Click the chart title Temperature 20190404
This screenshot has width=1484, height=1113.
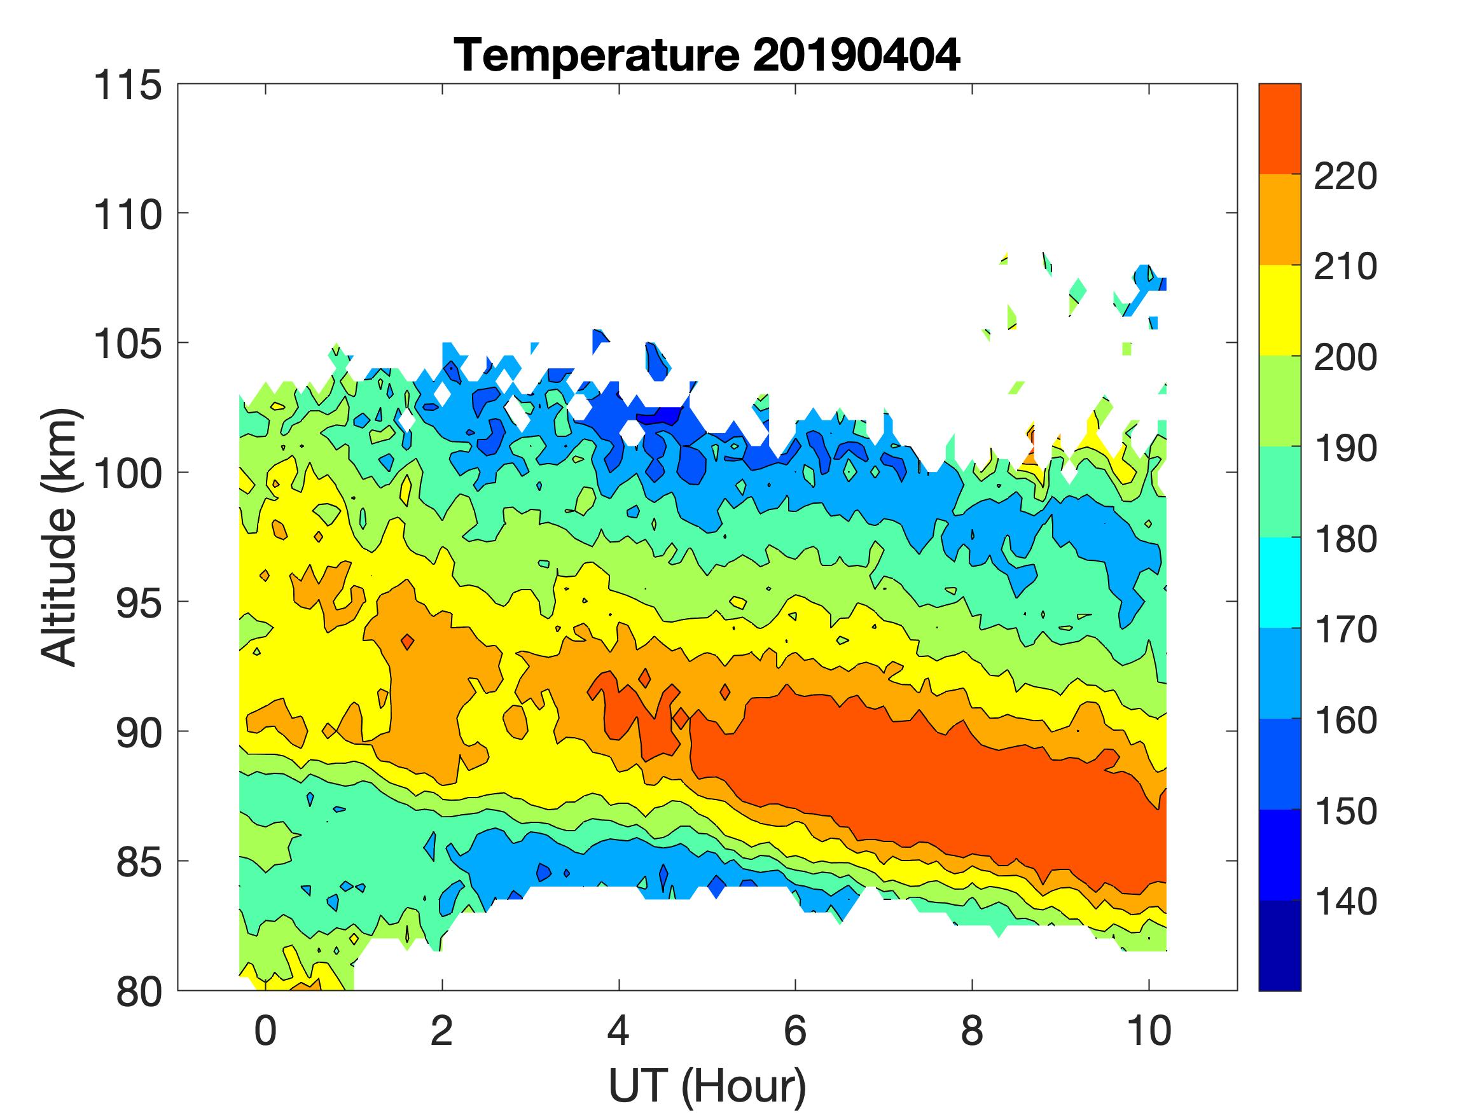707,55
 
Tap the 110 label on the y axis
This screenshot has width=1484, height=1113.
128,216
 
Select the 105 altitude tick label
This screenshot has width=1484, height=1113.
128,345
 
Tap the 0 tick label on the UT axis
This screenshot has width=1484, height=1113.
266,1031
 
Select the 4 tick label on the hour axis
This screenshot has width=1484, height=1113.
618,1031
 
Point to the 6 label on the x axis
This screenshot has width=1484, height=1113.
795,1031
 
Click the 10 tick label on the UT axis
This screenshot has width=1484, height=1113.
1149,1031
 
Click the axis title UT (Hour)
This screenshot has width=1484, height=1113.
707,1086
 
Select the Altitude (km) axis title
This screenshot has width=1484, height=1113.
60,537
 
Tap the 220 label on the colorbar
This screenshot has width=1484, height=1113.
1345,177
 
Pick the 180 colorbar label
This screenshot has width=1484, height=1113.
1345,539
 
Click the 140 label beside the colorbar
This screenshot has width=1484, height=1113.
1345,902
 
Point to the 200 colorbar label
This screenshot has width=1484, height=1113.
1345,358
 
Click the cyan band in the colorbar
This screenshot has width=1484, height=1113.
1279,583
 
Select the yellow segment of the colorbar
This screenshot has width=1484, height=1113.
1279,310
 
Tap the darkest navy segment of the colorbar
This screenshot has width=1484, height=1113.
1279,944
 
